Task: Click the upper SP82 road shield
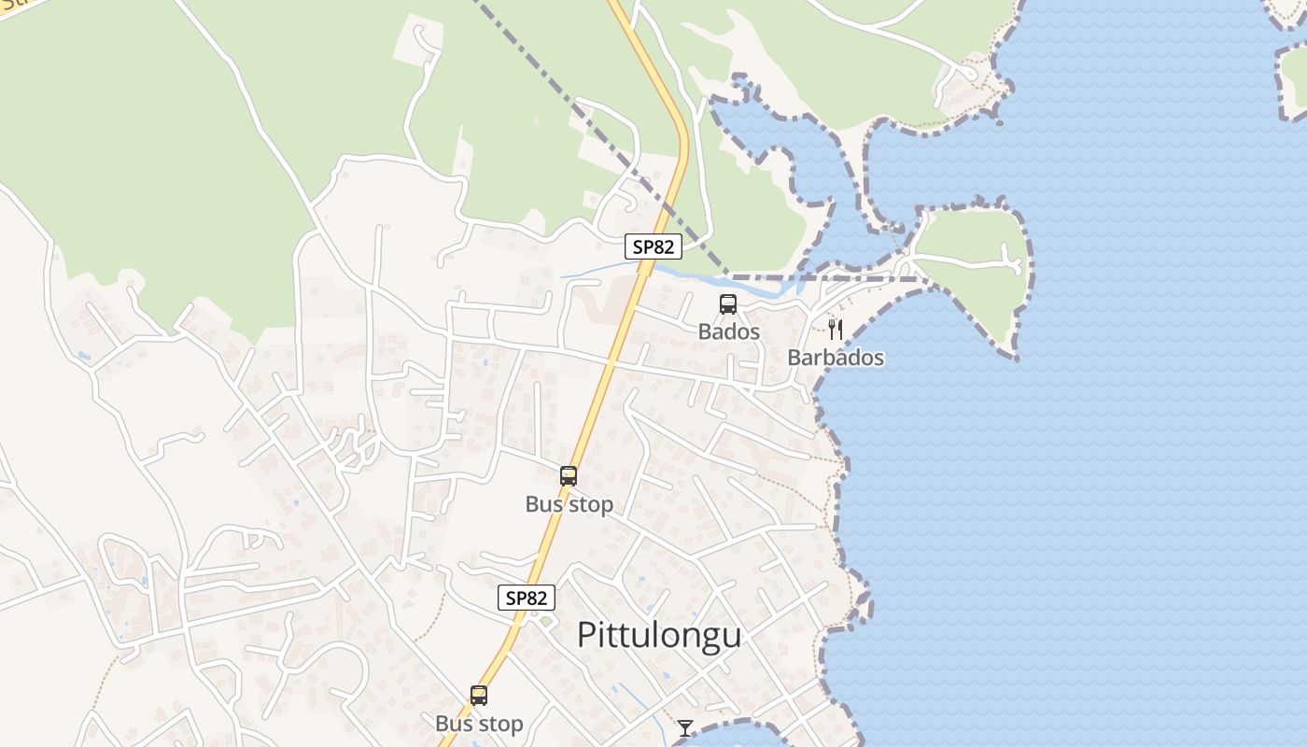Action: [653, 247]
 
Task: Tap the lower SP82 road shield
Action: [527, 598]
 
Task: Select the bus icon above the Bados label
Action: [727, 304]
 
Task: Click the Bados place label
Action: [729, 331]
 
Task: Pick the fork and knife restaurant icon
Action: [836, 329]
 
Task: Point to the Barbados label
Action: [836, 358]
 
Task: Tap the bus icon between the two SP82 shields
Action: [568, 476]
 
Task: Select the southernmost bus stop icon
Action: [479, 696]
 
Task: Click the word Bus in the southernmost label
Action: [455, 724]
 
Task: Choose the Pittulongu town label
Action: [659, 635]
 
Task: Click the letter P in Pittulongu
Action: [585, 635]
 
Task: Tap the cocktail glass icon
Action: [685, 727]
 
